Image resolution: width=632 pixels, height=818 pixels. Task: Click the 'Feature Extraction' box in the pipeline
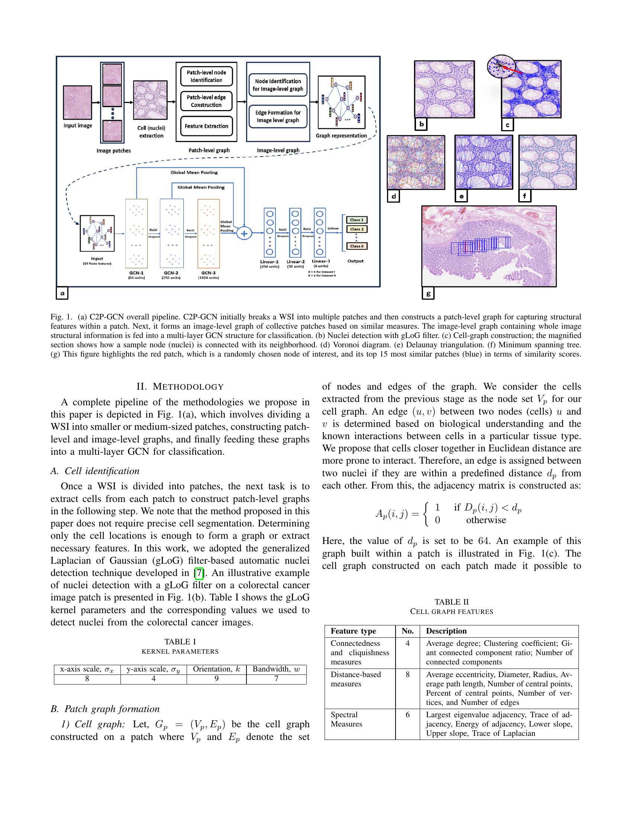[x=206, y=126]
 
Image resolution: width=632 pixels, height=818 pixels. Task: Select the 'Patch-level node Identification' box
[x=206, y=76]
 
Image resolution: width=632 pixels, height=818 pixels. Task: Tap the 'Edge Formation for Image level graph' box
[x=278, y=116]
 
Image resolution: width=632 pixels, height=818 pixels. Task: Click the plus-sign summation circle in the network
[x=244, y=234]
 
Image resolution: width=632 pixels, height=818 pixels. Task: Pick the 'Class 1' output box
[x=357, y=220]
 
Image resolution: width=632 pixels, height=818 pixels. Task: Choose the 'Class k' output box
[x=357, y=246]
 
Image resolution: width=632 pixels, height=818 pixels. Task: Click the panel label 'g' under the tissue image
[x=428, y=294]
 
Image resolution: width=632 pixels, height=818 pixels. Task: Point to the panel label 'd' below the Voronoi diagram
[x=393, y=196]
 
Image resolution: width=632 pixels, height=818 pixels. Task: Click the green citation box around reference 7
[x=199, y=573]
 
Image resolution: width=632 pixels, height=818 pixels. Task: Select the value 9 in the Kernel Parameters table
[x=216, y=678]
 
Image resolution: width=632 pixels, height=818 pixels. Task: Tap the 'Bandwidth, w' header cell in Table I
[x=276, y=669]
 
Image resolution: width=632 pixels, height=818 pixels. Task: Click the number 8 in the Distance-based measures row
[x=407, y=674]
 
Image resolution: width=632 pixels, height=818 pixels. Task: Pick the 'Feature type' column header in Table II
[x=353, y=631]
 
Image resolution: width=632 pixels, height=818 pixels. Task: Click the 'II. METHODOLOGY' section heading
[x=180, y=387]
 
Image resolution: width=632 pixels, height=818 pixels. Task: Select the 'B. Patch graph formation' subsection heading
[x=105, y=709]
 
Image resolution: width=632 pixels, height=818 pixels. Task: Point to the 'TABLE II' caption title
[x=452, y=602]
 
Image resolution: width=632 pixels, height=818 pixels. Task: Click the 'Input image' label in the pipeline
[x=77, y=125]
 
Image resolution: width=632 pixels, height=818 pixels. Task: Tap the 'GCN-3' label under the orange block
[x=208, y=273]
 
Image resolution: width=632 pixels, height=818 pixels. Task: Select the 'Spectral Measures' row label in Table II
[x=346, y=719]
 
